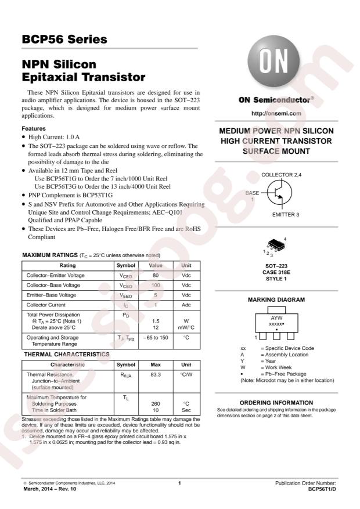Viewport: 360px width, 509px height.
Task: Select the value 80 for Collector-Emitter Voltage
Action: [x=156, y=275]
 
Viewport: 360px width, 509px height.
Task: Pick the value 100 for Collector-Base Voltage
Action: [x=156, y=286]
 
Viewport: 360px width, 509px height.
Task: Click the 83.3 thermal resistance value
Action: [x=156, y=375]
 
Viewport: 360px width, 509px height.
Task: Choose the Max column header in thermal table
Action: [x=156, y=364]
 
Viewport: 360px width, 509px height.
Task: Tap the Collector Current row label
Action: [x=46, y=305]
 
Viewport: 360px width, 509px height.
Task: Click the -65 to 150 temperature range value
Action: [x=156, y=337]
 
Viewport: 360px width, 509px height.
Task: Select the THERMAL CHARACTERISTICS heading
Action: [x=66, y=354]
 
